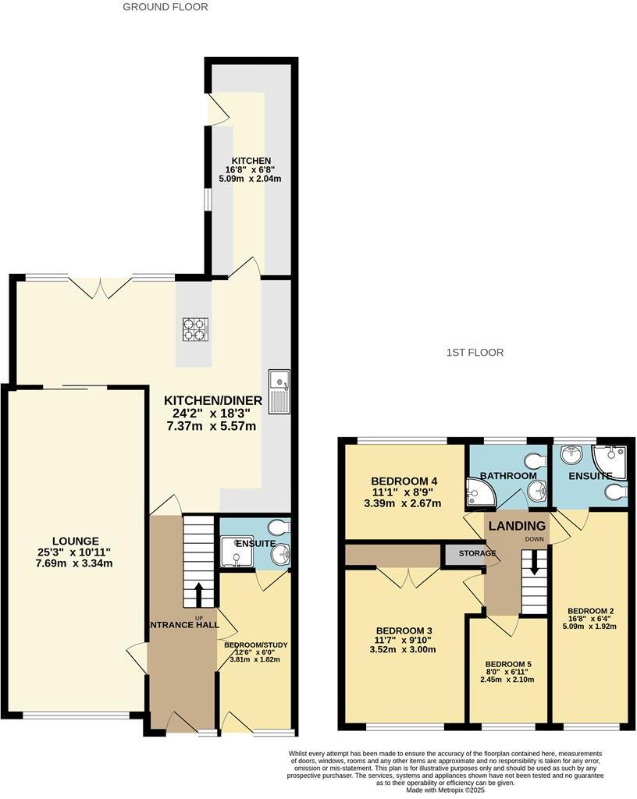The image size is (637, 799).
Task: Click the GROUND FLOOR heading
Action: pos(165,7)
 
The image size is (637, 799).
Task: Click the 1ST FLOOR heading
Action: pos(474,353)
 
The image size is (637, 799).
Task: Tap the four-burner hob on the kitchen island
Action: pos(194,330)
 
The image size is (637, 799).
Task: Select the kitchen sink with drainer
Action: pos(279,391)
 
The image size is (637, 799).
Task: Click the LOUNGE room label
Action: pos(76,541)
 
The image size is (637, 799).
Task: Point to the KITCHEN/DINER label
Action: pos(213,400)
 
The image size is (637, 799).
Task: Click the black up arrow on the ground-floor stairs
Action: pos(198,594)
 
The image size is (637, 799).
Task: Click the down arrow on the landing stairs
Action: pos(535,564)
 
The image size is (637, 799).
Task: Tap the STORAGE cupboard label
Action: pos(477,554)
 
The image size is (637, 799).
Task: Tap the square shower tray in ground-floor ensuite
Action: pos(235,551)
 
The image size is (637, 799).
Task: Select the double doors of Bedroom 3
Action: pos(409,577)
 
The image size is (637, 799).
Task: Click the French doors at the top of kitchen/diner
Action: pos(101,286)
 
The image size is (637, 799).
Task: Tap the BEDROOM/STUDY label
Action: pos(256,645)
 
